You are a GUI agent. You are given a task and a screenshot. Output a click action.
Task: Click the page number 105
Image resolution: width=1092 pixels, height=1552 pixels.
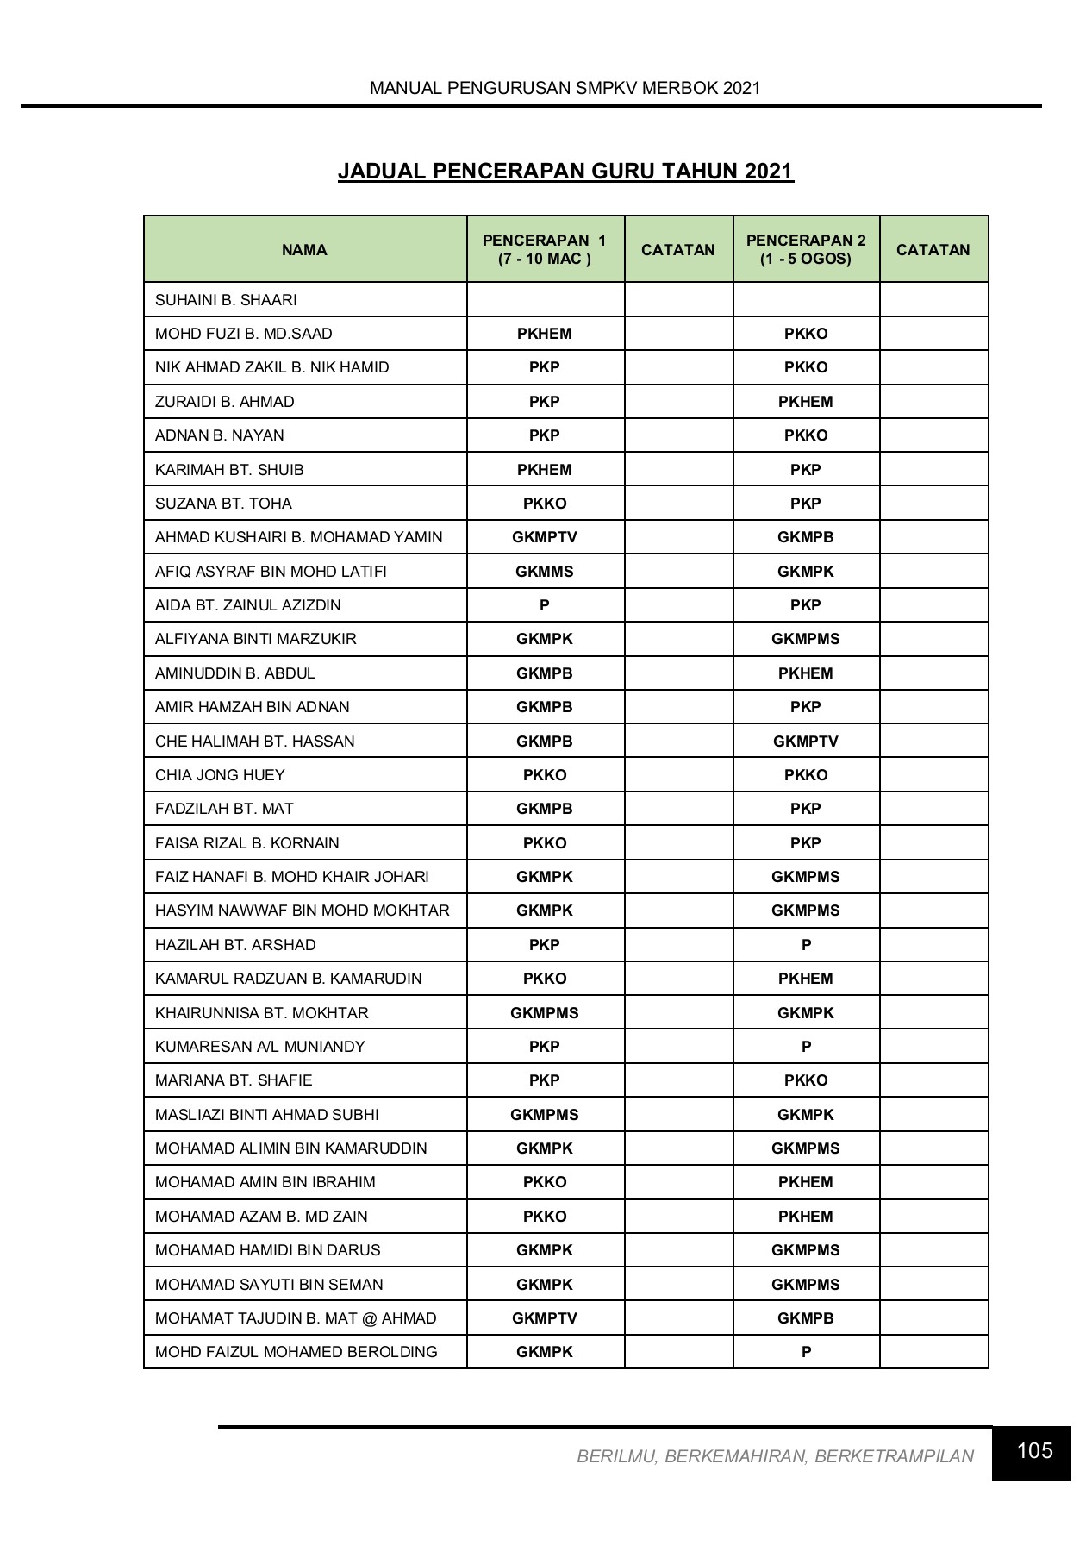(1034, 1451)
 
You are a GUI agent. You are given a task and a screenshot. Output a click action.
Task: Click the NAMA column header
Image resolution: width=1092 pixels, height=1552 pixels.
(304, 250)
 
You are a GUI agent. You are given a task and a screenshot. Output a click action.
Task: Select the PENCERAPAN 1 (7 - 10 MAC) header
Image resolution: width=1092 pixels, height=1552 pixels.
(545, 250)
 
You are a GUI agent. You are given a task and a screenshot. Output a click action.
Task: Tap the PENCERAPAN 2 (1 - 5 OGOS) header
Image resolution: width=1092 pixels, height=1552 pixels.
(806, 250)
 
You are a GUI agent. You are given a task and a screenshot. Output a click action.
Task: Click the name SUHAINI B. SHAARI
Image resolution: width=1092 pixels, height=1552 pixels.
(226, 300)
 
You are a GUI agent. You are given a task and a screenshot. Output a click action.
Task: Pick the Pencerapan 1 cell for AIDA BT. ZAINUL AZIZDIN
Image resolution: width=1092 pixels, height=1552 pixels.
(545, 605)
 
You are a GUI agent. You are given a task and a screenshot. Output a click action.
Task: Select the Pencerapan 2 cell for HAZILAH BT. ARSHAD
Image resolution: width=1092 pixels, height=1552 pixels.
(806, 945)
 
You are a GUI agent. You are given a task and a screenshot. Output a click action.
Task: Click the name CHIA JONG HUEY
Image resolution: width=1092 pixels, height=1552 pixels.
(220, 775)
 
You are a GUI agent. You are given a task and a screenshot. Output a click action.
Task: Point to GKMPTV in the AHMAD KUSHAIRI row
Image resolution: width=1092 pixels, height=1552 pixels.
(545, 537)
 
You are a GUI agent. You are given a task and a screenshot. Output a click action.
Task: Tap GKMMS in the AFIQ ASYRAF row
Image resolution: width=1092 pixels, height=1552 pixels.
(545, 572)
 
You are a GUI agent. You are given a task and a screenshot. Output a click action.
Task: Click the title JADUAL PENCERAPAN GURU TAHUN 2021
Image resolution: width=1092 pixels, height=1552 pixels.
(565, 171)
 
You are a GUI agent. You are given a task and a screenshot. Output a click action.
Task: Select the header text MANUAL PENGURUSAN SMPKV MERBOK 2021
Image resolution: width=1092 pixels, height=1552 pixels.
(565, 88)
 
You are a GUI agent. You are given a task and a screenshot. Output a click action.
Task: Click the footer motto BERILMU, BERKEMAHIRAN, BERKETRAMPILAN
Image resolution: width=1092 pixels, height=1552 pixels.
(775, 1456)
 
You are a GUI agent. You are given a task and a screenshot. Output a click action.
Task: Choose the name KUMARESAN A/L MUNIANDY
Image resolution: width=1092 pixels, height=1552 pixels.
(260, 1047)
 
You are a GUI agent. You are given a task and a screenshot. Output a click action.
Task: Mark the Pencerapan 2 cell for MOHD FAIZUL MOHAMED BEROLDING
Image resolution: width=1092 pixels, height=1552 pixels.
(806, 1352)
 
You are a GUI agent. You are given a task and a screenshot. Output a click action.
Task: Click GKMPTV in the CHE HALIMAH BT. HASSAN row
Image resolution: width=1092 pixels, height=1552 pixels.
(806, 742)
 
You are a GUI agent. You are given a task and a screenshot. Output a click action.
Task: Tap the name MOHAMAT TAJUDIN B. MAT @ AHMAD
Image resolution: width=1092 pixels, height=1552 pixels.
(296, 1318)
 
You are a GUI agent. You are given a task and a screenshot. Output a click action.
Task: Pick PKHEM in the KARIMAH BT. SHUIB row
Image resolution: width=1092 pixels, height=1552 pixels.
(545, 470)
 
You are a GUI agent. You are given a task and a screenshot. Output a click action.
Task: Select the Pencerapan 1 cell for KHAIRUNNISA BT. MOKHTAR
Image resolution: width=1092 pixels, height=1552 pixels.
(545, 1013)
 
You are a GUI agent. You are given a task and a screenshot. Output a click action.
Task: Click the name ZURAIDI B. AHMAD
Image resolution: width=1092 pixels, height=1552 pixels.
(225, 402)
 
